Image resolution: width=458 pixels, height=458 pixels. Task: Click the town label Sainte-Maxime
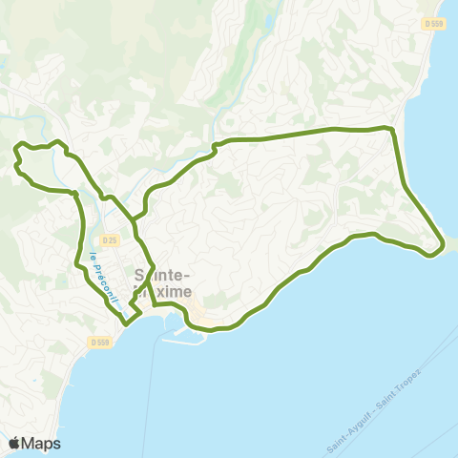click(161, 281)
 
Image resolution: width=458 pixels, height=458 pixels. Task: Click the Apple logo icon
click(15, 443)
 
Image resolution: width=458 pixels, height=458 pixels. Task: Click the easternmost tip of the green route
click(443, 245)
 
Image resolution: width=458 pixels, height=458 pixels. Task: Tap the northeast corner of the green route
click(390, 128)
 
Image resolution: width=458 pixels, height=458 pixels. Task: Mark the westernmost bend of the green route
click(14, 165)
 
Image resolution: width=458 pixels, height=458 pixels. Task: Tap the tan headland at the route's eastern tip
click(449, 245)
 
